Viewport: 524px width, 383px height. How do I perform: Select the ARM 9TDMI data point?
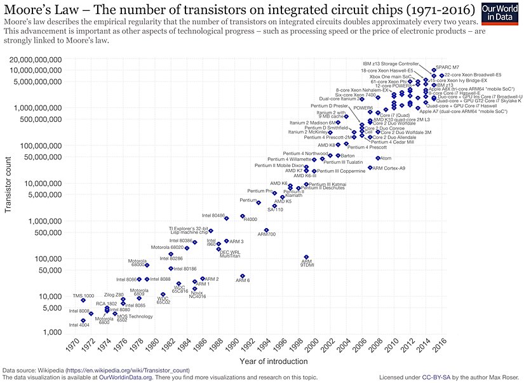coord(306,257)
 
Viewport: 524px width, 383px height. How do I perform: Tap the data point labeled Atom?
coord(378,158)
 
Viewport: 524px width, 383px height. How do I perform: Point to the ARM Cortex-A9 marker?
coord(370,168)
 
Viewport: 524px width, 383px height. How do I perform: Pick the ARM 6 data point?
coord(242,276)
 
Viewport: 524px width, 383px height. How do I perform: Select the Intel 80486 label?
coord(214,215)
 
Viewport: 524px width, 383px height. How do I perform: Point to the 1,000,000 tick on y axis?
coord(41,221)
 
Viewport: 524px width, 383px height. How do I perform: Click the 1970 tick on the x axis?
coord(72,348)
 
